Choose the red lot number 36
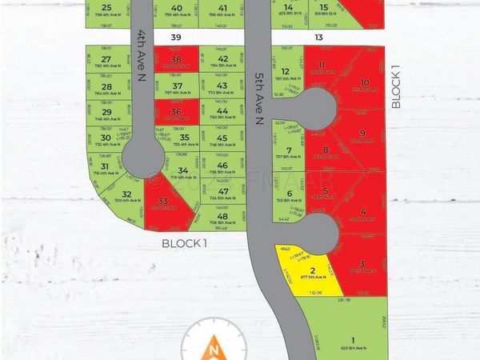click(176, 114)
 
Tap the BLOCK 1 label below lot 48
click(185, 242)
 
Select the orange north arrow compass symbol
click(213, 347)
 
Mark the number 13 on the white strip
click(318, 38)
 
